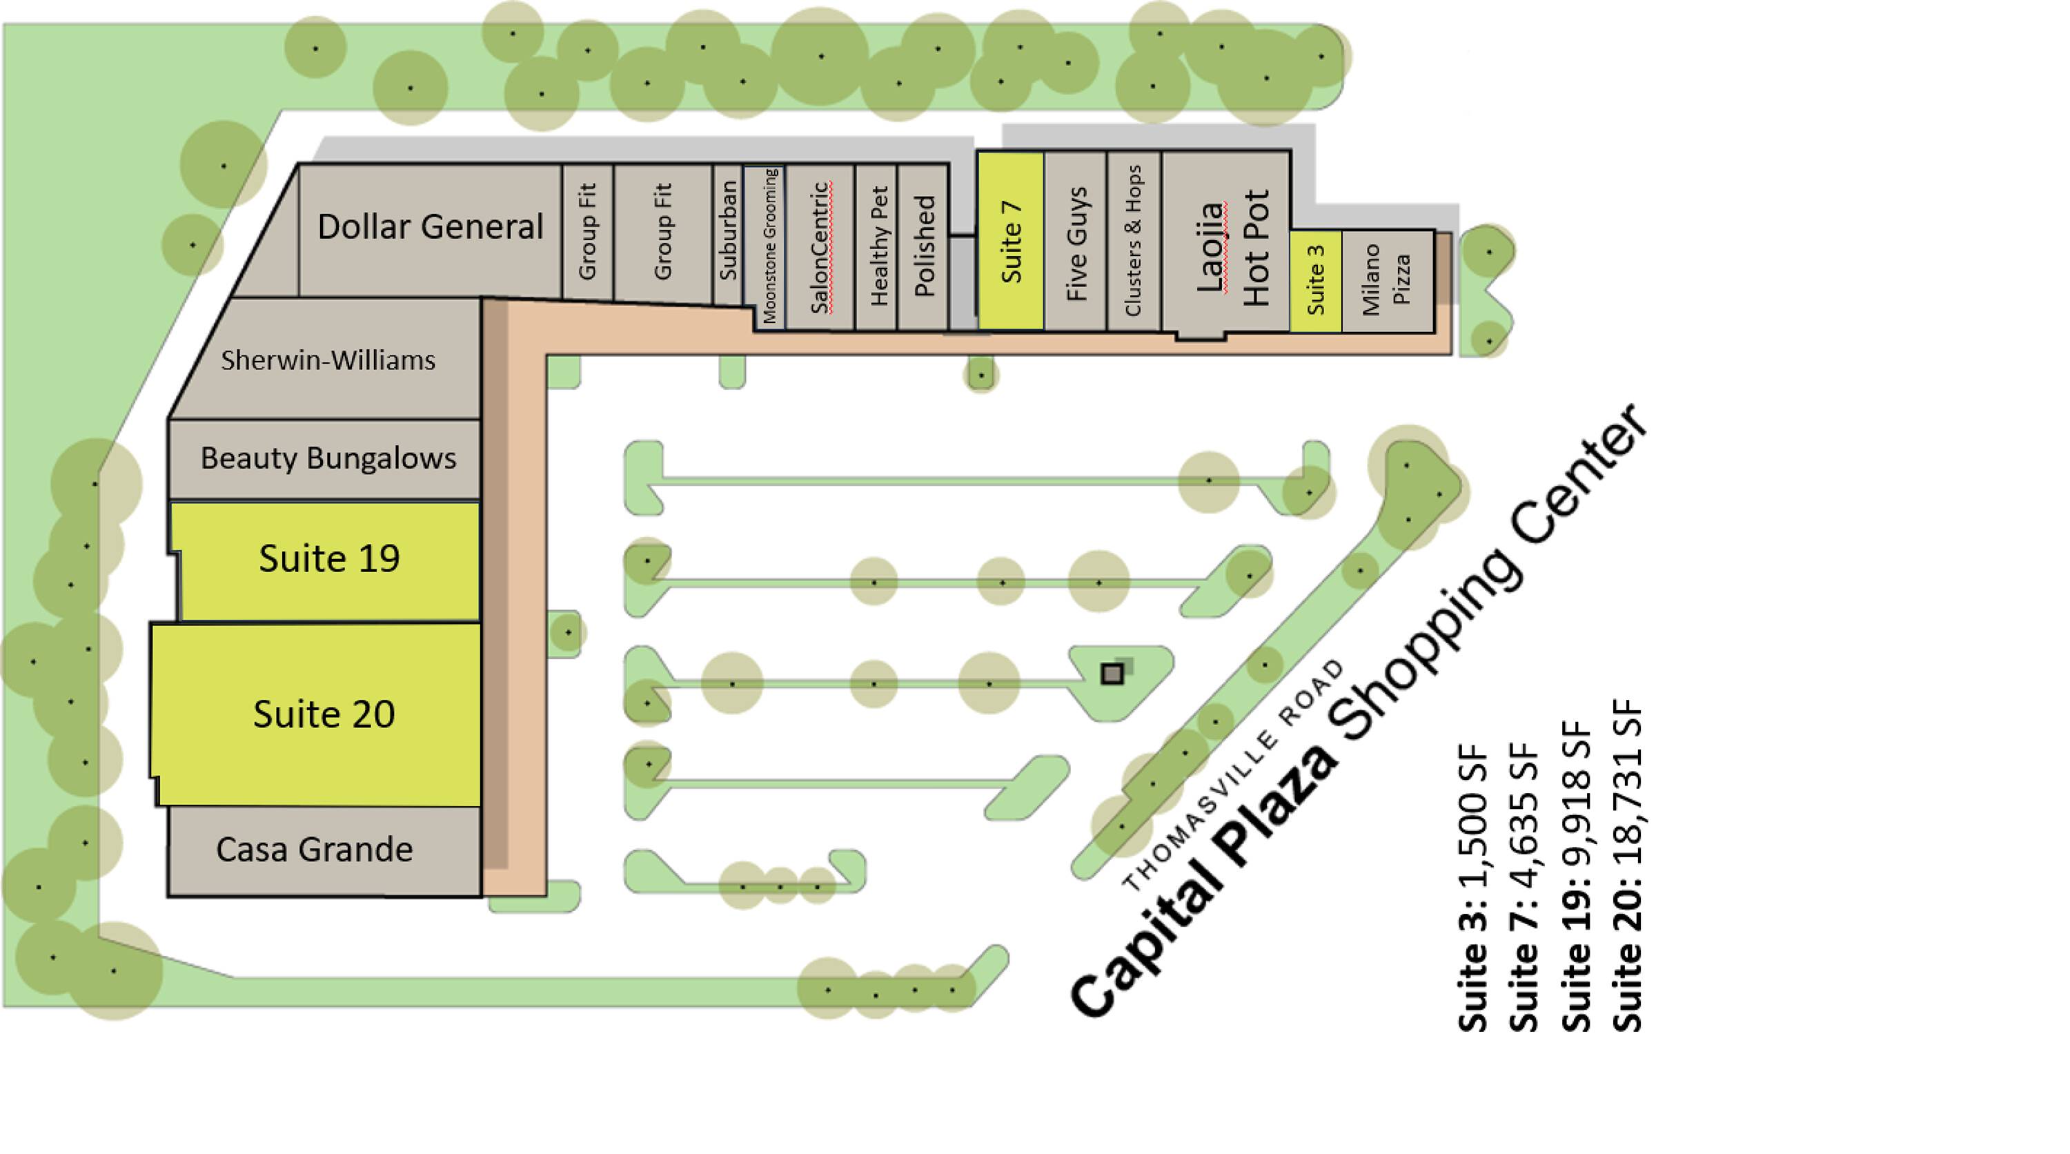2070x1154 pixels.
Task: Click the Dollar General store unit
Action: (430, 228)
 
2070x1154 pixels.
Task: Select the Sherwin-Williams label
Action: (328, 360)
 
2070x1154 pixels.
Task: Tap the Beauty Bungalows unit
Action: (327, 458)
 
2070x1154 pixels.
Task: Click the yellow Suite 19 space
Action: (328, 559)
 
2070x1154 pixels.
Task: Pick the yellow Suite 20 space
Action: (323, 714)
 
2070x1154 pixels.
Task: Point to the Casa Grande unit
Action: (314, 850)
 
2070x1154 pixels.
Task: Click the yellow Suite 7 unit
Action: (1011, 241)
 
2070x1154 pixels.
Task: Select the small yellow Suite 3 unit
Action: (1315, 280)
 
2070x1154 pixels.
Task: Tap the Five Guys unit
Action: (1076, 244)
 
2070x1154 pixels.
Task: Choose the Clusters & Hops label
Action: (1133, 241)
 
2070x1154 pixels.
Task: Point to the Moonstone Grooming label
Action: (769, 246)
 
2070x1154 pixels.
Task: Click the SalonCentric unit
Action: (820, 248)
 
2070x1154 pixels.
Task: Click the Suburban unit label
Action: (728, 231)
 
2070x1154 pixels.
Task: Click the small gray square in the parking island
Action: (1112, 674)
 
